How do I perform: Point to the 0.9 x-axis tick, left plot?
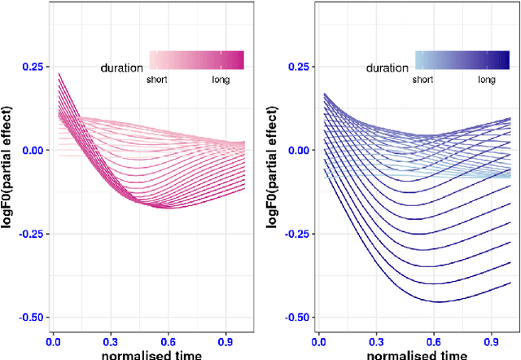[225, 344]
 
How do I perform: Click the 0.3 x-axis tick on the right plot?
[375, 344]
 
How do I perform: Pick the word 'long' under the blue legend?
[487, 80]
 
